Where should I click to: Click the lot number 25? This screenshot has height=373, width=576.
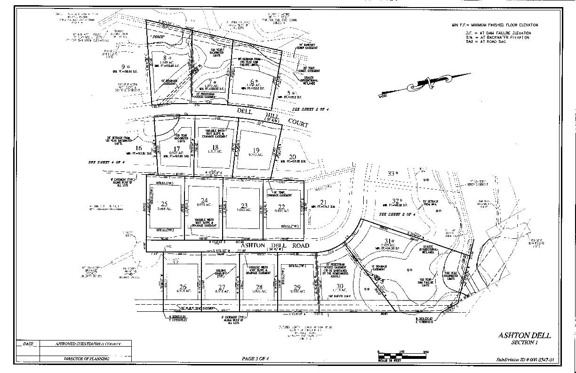(164, 204)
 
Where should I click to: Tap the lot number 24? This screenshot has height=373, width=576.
(204, 200)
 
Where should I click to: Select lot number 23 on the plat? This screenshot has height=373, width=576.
(244, 205)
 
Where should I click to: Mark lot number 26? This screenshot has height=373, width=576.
(183, 287)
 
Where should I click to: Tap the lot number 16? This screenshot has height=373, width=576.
(138, 148)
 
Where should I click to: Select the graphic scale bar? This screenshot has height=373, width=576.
(402, 355)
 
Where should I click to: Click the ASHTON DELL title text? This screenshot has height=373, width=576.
(524, 335)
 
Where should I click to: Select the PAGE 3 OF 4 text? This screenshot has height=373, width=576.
(255, 358)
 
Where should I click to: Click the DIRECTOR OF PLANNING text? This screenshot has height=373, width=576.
(87, 359)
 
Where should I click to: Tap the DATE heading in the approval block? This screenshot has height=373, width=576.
(28, 344)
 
